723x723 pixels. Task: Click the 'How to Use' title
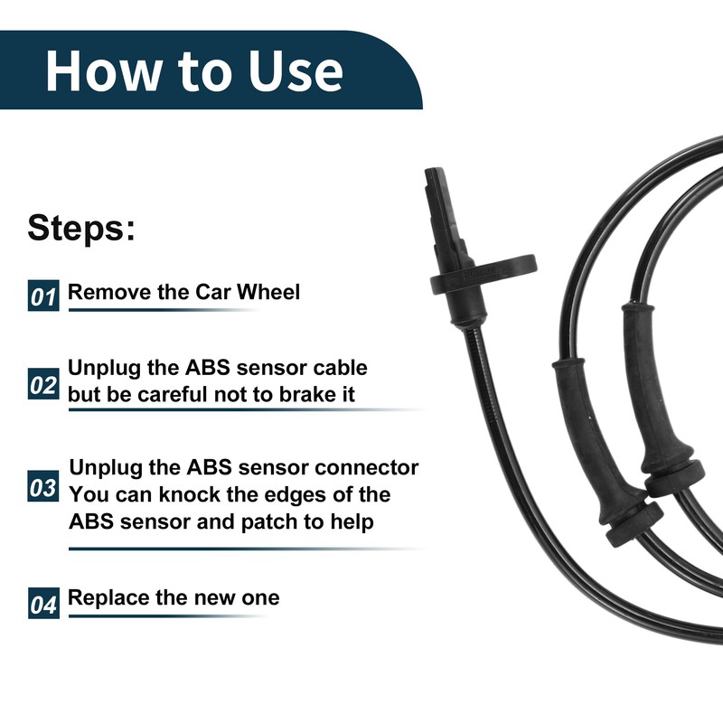tap(194, 71)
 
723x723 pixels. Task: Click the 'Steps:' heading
tap(81, 227)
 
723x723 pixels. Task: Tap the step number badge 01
tap(42, 296)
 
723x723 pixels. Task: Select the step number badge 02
tap(42, 385)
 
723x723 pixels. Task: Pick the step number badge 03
tap(42, 488)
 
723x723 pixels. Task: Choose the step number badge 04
tap(42, 603)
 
